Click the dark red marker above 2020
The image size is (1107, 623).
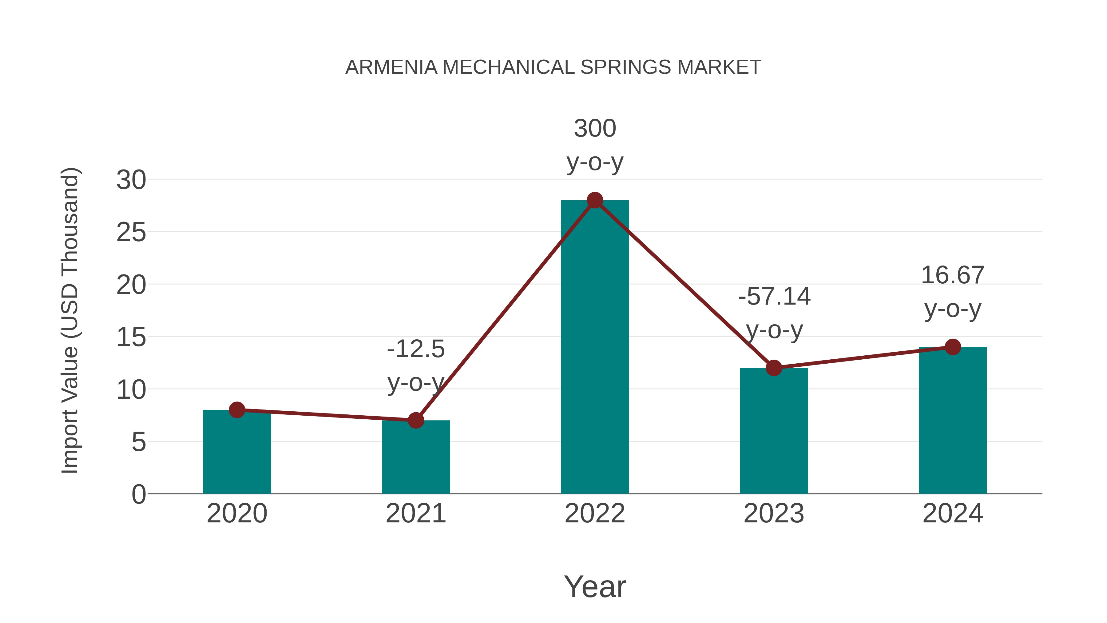click(x=237, y=410)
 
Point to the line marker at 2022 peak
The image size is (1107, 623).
click(x=595, y=200)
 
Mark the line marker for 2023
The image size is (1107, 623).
click(x=774, y=368)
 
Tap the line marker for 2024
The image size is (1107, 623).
click(x=953, y=347)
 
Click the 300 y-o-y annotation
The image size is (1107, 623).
click(x=595, y=145)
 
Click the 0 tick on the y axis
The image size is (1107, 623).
click(x=138, y=494)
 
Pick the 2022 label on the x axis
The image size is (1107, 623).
click(x=595, y=513)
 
